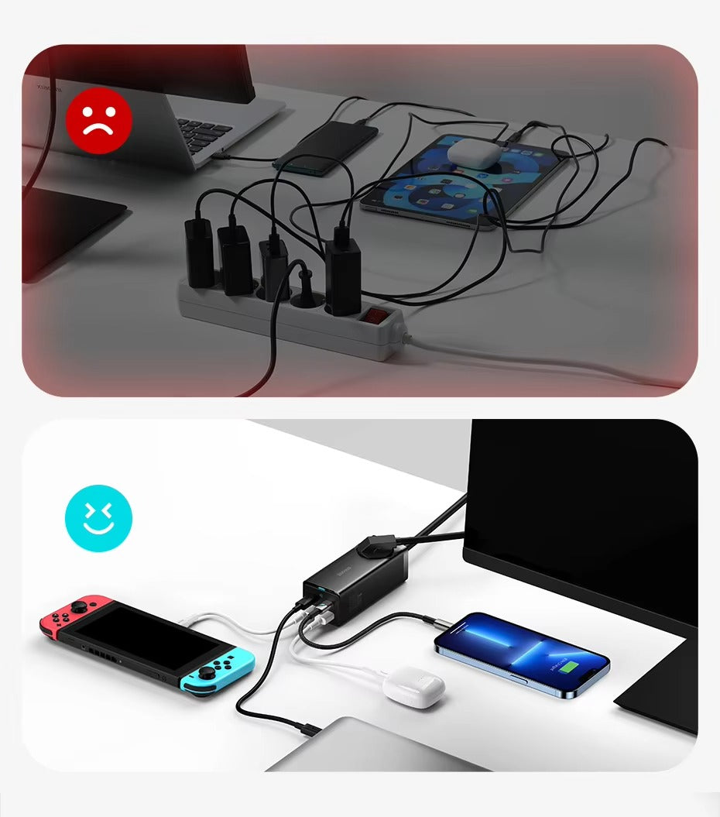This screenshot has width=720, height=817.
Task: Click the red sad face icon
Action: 98,121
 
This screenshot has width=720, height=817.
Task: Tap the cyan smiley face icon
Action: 98,518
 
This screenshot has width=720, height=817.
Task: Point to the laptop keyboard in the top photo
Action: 204,132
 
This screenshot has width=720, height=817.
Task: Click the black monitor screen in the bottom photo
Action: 588,511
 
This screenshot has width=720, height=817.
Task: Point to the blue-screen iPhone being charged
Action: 521,653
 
